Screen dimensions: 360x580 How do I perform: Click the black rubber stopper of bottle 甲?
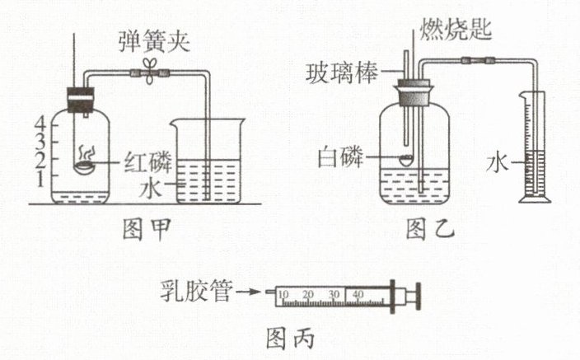coord(80,97)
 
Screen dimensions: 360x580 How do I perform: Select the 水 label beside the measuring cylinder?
coord(495,163)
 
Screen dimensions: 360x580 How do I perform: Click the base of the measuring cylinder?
coord(535,200)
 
